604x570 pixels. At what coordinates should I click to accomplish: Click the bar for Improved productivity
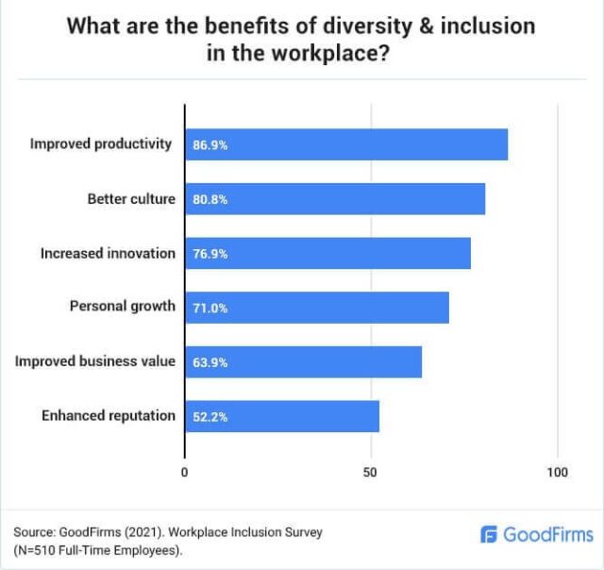click(345, 144)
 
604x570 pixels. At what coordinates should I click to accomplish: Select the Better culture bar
click(334, 199)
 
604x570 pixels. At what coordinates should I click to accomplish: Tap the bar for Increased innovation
click(327, 254)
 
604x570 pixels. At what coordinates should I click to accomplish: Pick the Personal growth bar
click(316, 308)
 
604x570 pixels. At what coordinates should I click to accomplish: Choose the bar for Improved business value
click(303, 362)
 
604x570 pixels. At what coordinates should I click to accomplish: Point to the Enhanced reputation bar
click(281, 416)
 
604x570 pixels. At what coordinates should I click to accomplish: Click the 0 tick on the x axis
click(185, 472)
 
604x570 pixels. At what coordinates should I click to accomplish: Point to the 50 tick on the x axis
click(371, 472)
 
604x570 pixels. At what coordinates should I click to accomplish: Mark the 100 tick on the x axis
click(557, 472)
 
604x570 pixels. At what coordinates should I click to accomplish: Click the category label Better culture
click(131, 199)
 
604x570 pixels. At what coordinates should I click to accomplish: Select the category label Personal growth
click(123, 308)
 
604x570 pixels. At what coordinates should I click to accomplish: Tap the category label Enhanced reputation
click(109, 416)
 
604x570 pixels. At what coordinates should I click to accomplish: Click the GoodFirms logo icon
click(489, 535)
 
